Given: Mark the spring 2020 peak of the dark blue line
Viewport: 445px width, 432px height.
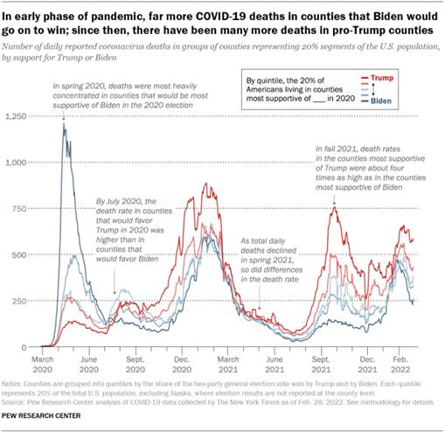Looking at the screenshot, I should point(63,124).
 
